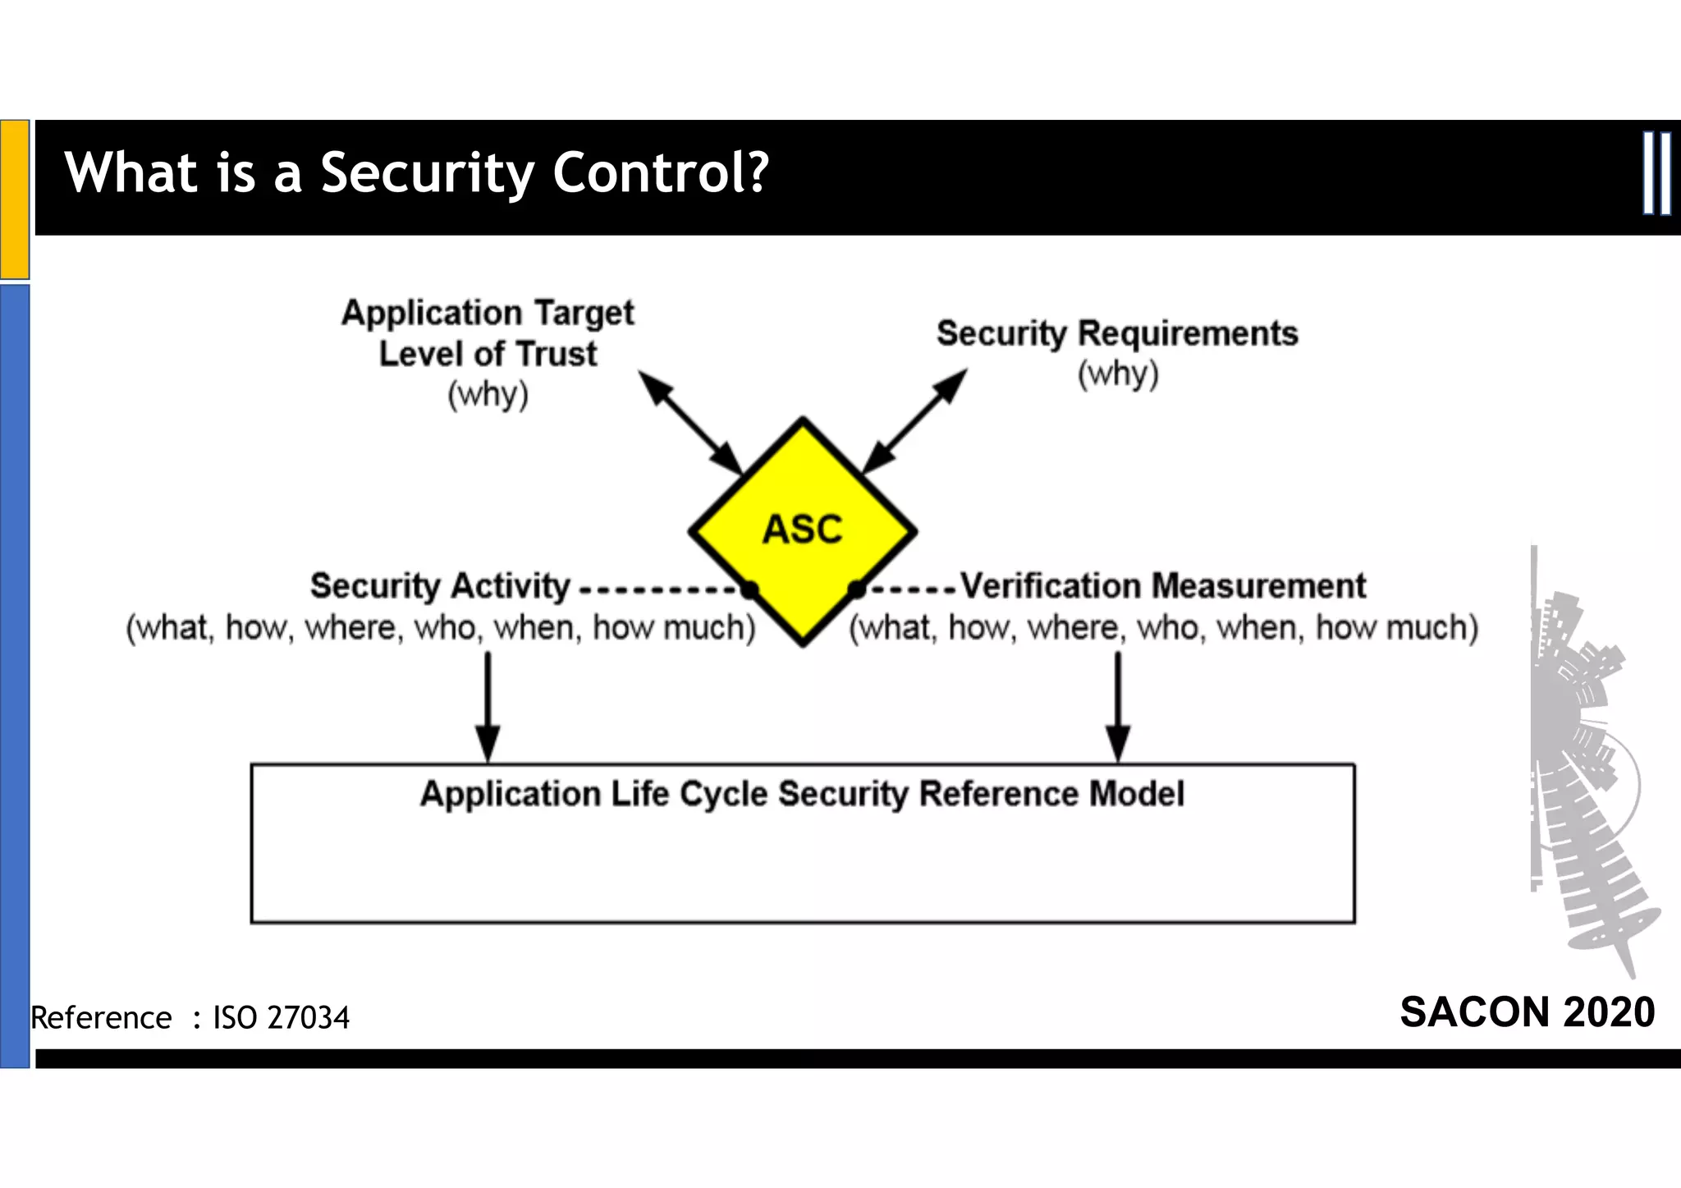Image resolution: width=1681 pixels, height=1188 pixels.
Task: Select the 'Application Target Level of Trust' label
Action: pos(488,333)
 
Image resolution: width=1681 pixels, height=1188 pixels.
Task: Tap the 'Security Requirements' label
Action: pos(1117,333)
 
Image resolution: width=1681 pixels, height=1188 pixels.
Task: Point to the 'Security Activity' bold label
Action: pos(440,586)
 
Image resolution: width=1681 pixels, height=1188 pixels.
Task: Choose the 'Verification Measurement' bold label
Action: pos(1163,586)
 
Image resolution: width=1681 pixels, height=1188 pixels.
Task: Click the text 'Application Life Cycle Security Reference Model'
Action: pos(802,794)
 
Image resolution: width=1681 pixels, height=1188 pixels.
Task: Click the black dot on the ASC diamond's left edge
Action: pos(749,589)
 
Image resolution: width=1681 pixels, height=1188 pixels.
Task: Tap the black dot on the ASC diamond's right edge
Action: pos(856,589)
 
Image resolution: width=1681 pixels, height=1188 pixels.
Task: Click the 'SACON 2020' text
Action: pos(1527,1011)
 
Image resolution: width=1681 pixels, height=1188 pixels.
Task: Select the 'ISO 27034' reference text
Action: pos(282,1018)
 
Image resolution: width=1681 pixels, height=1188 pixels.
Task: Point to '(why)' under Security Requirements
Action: pos(1118,374)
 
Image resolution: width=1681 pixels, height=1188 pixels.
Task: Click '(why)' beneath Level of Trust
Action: pos(488,395)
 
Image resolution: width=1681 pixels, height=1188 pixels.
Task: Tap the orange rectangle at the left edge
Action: pos(15,199)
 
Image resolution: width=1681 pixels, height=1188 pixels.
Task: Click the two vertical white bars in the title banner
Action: pos(1656,173)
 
